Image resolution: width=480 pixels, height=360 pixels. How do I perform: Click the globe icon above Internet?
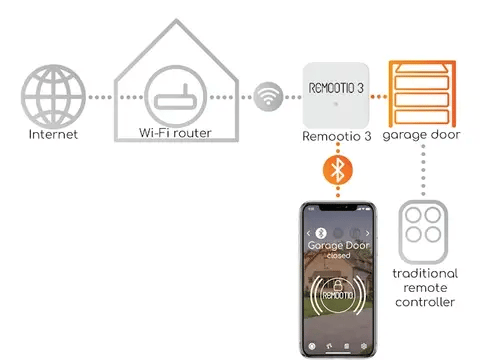[51, 95]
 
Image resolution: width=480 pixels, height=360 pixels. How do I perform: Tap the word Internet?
[51, 134]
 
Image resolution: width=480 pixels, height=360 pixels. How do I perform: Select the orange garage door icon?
[422, 91]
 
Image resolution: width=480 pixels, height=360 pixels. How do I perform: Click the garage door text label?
[422, 134]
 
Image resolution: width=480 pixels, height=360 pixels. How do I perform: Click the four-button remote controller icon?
[422, 229]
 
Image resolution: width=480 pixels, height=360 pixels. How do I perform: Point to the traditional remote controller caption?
[424, 287]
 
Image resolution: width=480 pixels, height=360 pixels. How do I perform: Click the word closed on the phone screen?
[338, 255]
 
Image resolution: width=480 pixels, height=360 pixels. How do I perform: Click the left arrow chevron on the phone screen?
[307, 232]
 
